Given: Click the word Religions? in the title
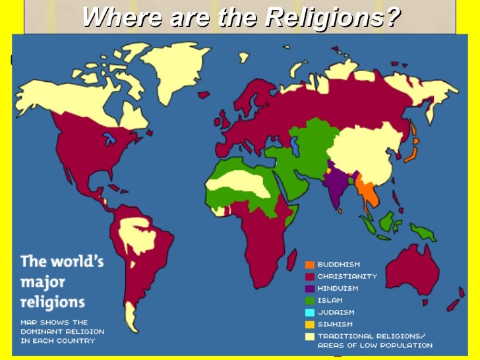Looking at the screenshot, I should click(333, 17).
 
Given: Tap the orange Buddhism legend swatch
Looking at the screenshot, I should click(309, 264).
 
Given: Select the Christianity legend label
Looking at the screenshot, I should click(347, 276).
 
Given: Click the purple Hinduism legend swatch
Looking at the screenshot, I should click(309, 288).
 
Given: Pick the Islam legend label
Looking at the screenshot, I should click(330, 300).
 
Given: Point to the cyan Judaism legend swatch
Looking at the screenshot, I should click(309, 312).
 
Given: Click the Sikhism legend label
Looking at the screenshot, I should click(335, 324).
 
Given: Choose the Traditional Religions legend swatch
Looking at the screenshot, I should click(309, 336).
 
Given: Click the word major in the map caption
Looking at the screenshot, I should click(43, 282).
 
